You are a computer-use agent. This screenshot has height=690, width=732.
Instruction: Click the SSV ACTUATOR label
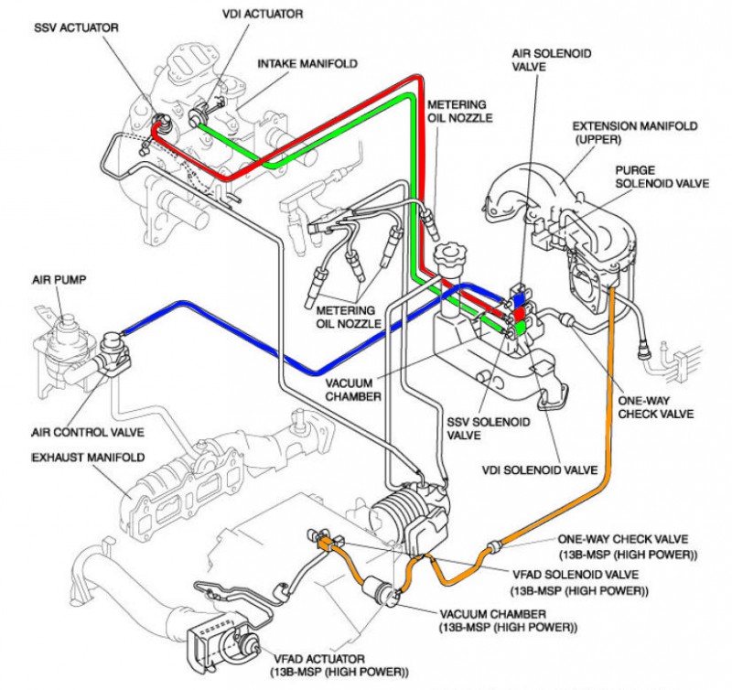pyautogui.click(x=76, y=27)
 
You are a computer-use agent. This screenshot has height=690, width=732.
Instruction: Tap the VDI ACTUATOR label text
pyautogui.click(x=263, y=14)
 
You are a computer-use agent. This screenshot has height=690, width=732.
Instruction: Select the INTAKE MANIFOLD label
pyautogui.click(x=307, y=63)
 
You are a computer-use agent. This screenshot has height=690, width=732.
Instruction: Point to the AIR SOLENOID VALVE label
pyautogui.click(x=552, y=60)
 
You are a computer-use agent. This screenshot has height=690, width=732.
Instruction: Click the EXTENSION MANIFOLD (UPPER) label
pyautogui.click(x=635, y=133)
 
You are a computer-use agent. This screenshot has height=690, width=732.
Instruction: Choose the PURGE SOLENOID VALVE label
pyautogui.click(x=662, y=177)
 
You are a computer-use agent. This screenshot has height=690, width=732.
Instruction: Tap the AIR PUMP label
pyautogui.click(x=59, y=280)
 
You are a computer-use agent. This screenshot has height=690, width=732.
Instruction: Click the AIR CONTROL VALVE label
pyautogui.click(x=88, y=432)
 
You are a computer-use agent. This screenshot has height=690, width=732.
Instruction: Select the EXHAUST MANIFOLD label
pyautogui.click(x=88, y=457)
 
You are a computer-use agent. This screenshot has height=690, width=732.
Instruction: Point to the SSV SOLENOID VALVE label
pyautogui.click(x=489, y=428)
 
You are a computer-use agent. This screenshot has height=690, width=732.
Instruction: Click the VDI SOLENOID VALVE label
pyautogui.click(x=540, y=469)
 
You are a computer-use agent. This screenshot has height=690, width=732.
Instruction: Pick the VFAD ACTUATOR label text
pyautogui.click(x=339, y=665)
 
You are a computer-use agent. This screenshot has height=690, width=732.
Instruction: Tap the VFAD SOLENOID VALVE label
pyautogui.click(x=579, y=582)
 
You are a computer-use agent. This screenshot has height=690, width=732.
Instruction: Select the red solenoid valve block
pyautogui.click(x=520, y=314)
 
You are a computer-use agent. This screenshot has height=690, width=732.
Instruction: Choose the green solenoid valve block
pyautogui.click(x=519, y=329)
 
